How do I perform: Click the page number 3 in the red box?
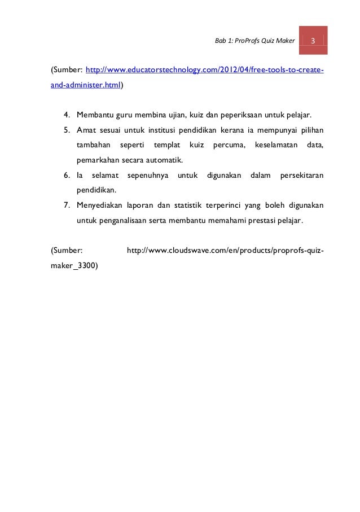tap(313, 41)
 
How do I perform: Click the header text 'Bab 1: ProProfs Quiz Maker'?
tap(256, 41)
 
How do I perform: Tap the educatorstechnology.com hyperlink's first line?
tap(204, 70)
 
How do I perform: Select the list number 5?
tap(66, 131)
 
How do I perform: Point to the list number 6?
tap(66, 175)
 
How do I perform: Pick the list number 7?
tap(66, 204)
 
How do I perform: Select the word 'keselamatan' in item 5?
tap(276, 146)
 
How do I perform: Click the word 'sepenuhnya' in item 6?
tap(148, 175)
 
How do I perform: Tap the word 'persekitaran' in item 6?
tap(301, 175)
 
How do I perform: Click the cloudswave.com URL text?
tap(225, 248)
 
